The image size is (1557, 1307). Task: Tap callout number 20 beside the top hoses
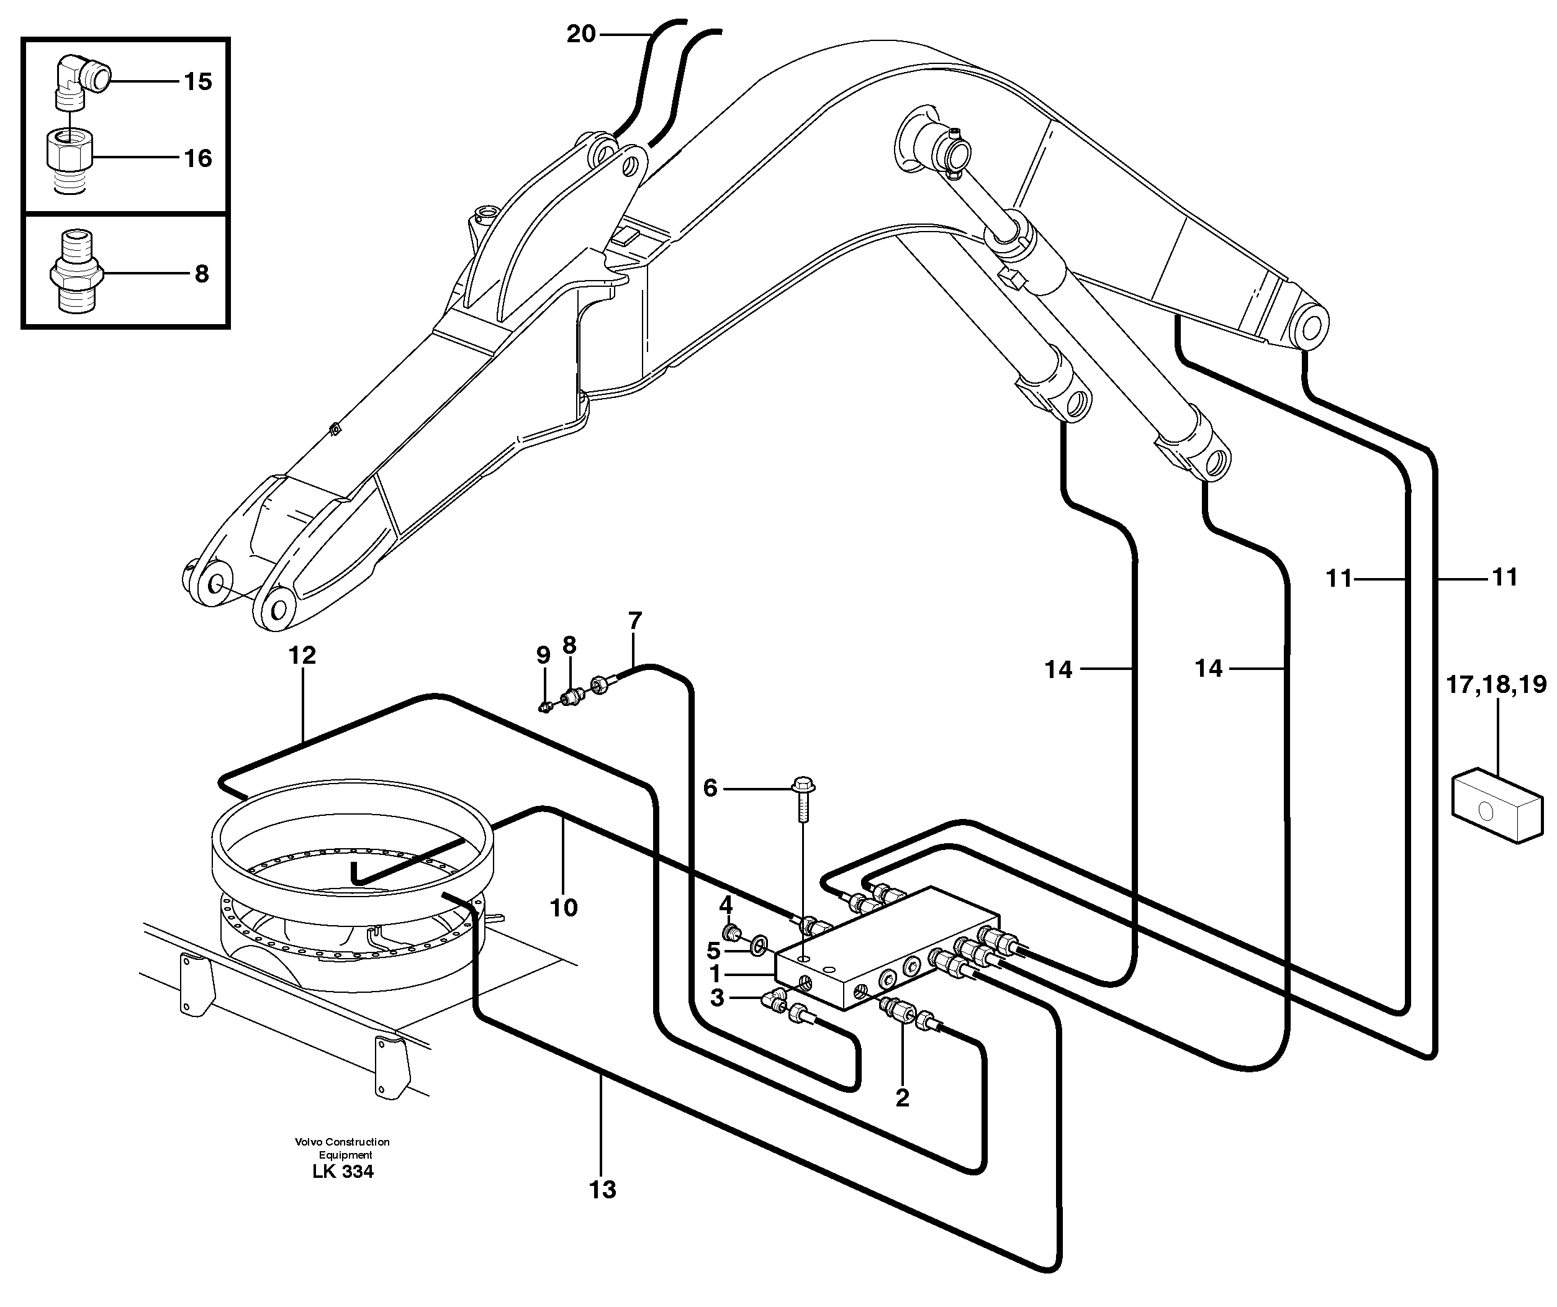580,34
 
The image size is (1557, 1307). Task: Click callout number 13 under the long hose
602,1189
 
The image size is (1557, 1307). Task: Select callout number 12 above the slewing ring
302,655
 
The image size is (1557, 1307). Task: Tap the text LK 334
343,1172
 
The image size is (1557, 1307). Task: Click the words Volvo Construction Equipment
342,1148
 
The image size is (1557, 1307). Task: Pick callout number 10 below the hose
564,907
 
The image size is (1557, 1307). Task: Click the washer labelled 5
759,944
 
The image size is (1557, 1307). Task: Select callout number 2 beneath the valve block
901,1098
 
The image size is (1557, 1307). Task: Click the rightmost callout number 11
1504,577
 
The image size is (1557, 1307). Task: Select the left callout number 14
1058,670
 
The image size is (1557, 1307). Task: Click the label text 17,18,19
1496,684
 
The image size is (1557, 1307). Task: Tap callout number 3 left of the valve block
716,998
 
